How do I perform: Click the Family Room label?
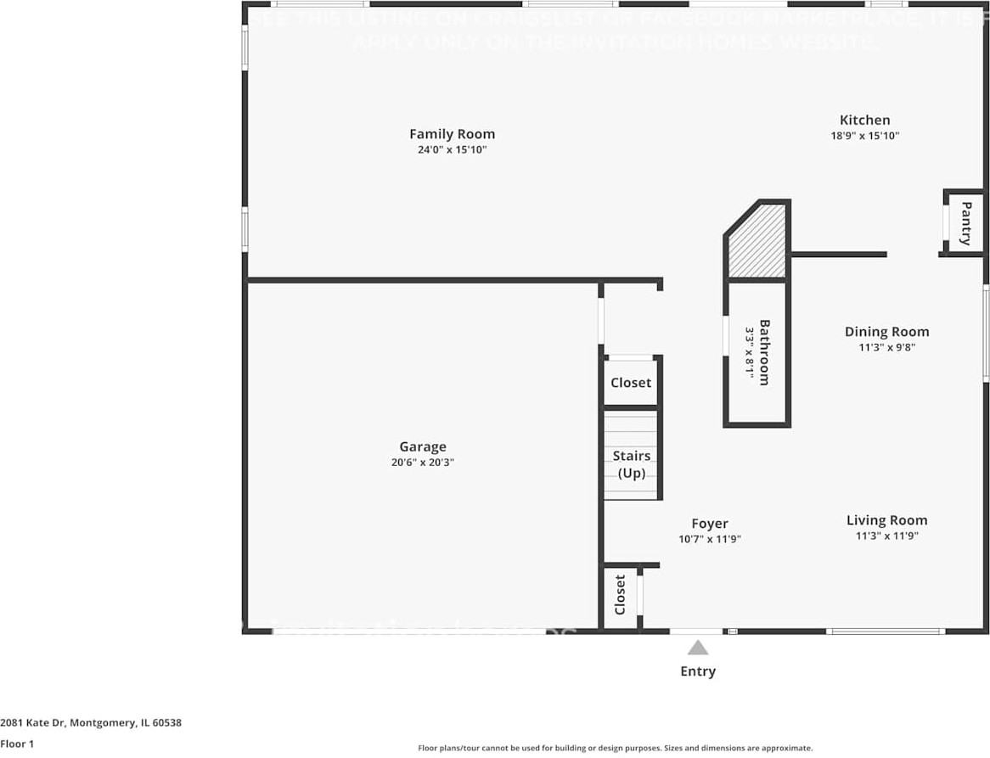[452, 134]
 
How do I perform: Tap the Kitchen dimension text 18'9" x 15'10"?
[864, 136]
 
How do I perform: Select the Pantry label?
[965, 223]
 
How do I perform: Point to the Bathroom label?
[764, 352]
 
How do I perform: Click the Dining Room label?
[886, 332]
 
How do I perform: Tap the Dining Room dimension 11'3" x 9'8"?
[886, 347]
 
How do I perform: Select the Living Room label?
[886, 520]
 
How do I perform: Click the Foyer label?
[709, 524]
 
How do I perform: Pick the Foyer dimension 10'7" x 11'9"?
[709, 539]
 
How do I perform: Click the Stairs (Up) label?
[632, 464]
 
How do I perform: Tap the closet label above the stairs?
[631, 383]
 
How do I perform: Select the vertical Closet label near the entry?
[620, 594]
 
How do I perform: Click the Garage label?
[423, 447]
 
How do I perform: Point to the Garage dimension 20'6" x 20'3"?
[423, 463]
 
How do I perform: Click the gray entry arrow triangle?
[698, 649]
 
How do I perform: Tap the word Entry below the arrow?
[698, 671]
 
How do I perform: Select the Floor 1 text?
[17, 744]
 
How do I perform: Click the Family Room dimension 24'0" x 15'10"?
[452, 150]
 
